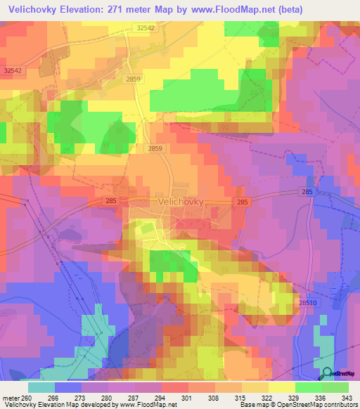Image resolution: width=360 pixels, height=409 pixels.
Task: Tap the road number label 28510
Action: [x=308, y=302]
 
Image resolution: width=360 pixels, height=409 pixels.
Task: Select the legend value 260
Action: [x=27, y=397]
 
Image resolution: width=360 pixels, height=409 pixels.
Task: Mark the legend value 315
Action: [x=241, y=397]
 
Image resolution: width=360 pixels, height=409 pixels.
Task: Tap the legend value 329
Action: [x=295, y=397]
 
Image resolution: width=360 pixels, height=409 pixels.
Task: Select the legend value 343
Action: [x=347, y=397]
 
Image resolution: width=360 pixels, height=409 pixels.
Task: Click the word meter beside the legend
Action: [x=10, y=397]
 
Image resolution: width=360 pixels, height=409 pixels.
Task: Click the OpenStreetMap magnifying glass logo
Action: [x=327, y=374]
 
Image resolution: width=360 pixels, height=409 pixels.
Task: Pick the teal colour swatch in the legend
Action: [x=41, y=387]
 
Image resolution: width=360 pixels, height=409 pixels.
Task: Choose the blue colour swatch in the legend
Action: [x=67, y=387]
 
